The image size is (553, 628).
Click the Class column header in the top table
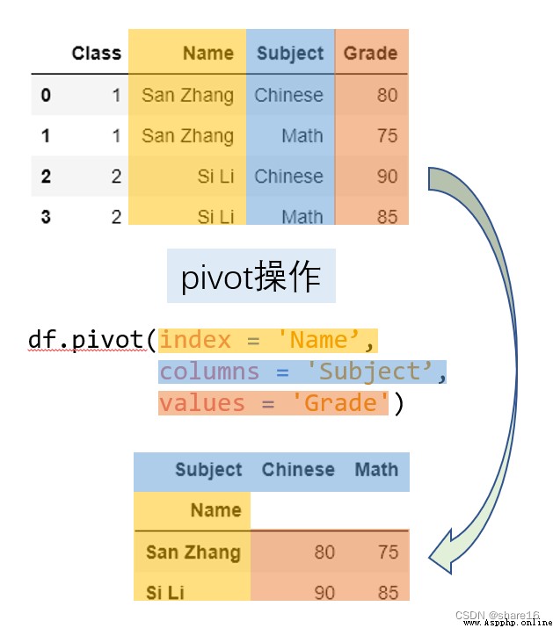coord(96,54)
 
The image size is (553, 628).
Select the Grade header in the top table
coord(370,54)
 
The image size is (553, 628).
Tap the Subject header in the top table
coord(290,54)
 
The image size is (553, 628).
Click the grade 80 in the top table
coord(387,96)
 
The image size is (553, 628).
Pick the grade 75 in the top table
coord(387,136)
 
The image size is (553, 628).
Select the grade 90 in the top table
coord(387,177)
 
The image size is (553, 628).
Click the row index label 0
coord(46,96)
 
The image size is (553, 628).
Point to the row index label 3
coord(46,217)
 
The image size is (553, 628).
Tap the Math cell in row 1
coord(302,136)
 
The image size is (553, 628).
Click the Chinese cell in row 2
coord(288,177)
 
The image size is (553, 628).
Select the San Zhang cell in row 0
coord(187,96)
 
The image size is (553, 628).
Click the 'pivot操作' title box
coord(251,276)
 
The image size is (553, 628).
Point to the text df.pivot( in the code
coord(91,340)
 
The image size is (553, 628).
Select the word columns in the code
coord(209,372)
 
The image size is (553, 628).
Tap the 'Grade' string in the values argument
coord(340,402)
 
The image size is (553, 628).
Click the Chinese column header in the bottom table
coord(298,469)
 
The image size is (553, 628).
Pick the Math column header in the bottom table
coord(376,469)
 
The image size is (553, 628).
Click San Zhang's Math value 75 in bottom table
coord(388,552)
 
